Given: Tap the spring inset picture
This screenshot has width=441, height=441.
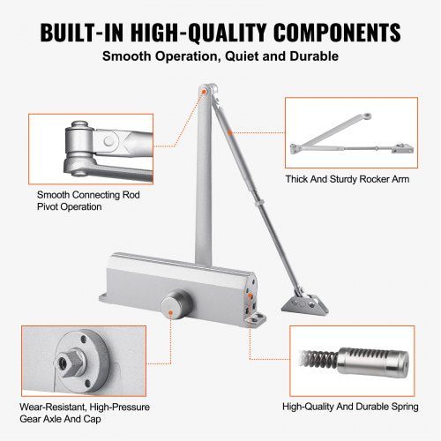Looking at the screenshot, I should pos(348,362).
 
